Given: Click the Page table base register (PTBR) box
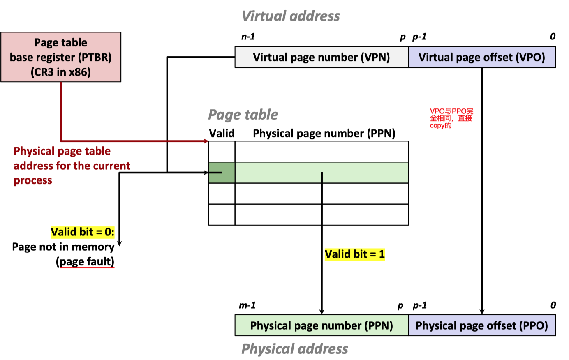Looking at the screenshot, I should click(61, 57).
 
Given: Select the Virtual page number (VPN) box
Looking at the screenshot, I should click(321, 57).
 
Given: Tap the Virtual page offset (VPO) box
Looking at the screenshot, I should click(481, 57).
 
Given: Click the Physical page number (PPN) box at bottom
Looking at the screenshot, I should click(321, 325).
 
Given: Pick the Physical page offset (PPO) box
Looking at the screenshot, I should click(481, 325).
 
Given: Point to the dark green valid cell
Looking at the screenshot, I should click(222, 173).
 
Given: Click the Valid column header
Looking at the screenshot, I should click(222, 134).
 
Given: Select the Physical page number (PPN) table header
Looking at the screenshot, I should click(324, 134).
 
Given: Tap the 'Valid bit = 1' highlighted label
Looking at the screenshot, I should click(355, 254).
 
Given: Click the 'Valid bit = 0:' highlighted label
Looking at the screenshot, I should click(83, 232).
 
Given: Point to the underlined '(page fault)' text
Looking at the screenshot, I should click(85, 262).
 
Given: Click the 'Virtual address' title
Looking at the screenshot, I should click(291, 16).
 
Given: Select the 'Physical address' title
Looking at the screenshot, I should click(295, 349).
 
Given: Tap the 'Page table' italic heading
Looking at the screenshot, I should click(243, 115).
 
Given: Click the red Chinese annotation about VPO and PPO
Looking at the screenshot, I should click(451, 118).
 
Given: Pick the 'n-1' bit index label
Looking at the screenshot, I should click(248, 37).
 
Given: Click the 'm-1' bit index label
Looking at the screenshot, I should click(247, 305).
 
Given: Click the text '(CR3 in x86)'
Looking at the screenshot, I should click(61, 72).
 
